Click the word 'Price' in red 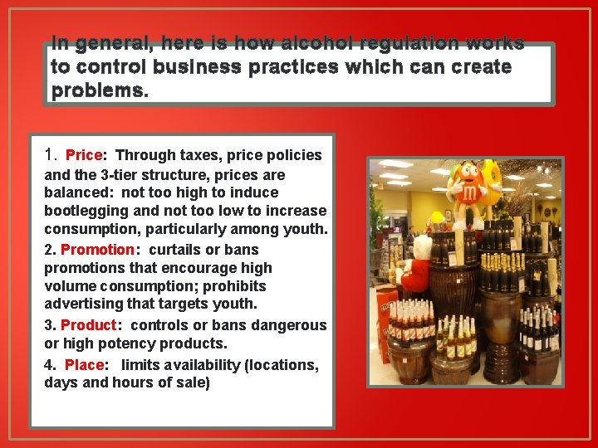click(83, 155)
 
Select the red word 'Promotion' click(97, 250)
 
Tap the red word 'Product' click(89, 325)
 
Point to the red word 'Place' click(84, 365)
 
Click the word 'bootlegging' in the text click(81, 211)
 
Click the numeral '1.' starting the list click(51, 154)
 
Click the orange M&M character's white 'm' click(470, 193)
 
